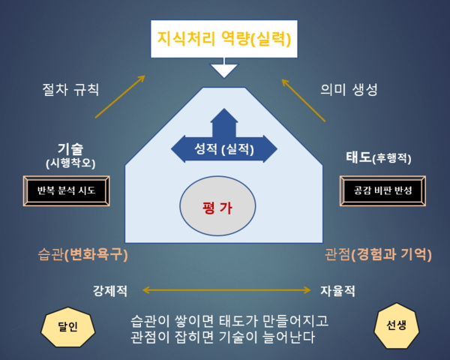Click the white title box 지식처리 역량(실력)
click(224, 39)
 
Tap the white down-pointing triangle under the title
click(224, 70)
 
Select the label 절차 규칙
click(70, 89)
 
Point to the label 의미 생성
click(349, 89)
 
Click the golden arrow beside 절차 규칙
click(120, 97)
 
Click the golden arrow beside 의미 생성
click(303, 100)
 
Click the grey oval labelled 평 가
click(217, 205)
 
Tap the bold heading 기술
click(70, 148)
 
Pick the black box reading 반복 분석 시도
click(66, 190)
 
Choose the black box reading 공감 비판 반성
click(382, 190)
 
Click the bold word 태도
click(358, 157)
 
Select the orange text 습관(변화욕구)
click(82, 254)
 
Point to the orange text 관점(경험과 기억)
click(378, 254)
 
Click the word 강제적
click(110, 291)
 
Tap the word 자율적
click(337, 291)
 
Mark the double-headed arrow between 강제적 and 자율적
click(226, 290)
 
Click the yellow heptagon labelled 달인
click(68, 327)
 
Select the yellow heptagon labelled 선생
click(396, 325)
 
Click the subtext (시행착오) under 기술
click(70, 163)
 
